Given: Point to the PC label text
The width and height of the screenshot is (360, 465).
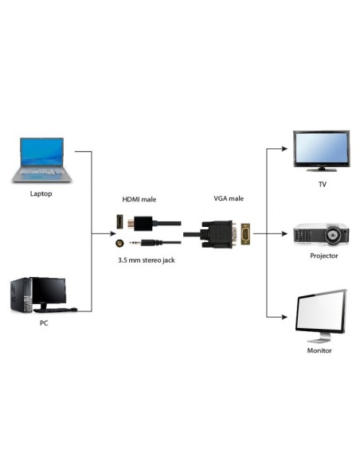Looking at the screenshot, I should [x=43, y=324].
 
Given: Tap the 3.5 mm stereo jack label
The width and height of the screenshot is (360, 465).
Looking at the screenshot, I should [x=147, y=260].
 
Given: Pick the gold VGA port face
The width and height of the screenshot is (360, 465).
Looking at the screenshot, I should [x=246, y=234].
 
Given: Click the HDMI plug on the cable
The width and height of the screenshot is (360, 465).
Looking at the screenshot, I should [x=143, y=223].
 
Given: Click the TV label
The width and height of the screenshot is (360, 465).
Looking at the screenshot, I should [x=322, y=184].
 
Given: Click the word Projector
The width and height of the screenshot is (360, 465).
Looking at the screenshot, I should [x=323, y=256].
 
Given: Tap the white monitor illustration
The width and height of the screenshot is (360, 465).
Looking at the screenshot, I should [x=321, y=316].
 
